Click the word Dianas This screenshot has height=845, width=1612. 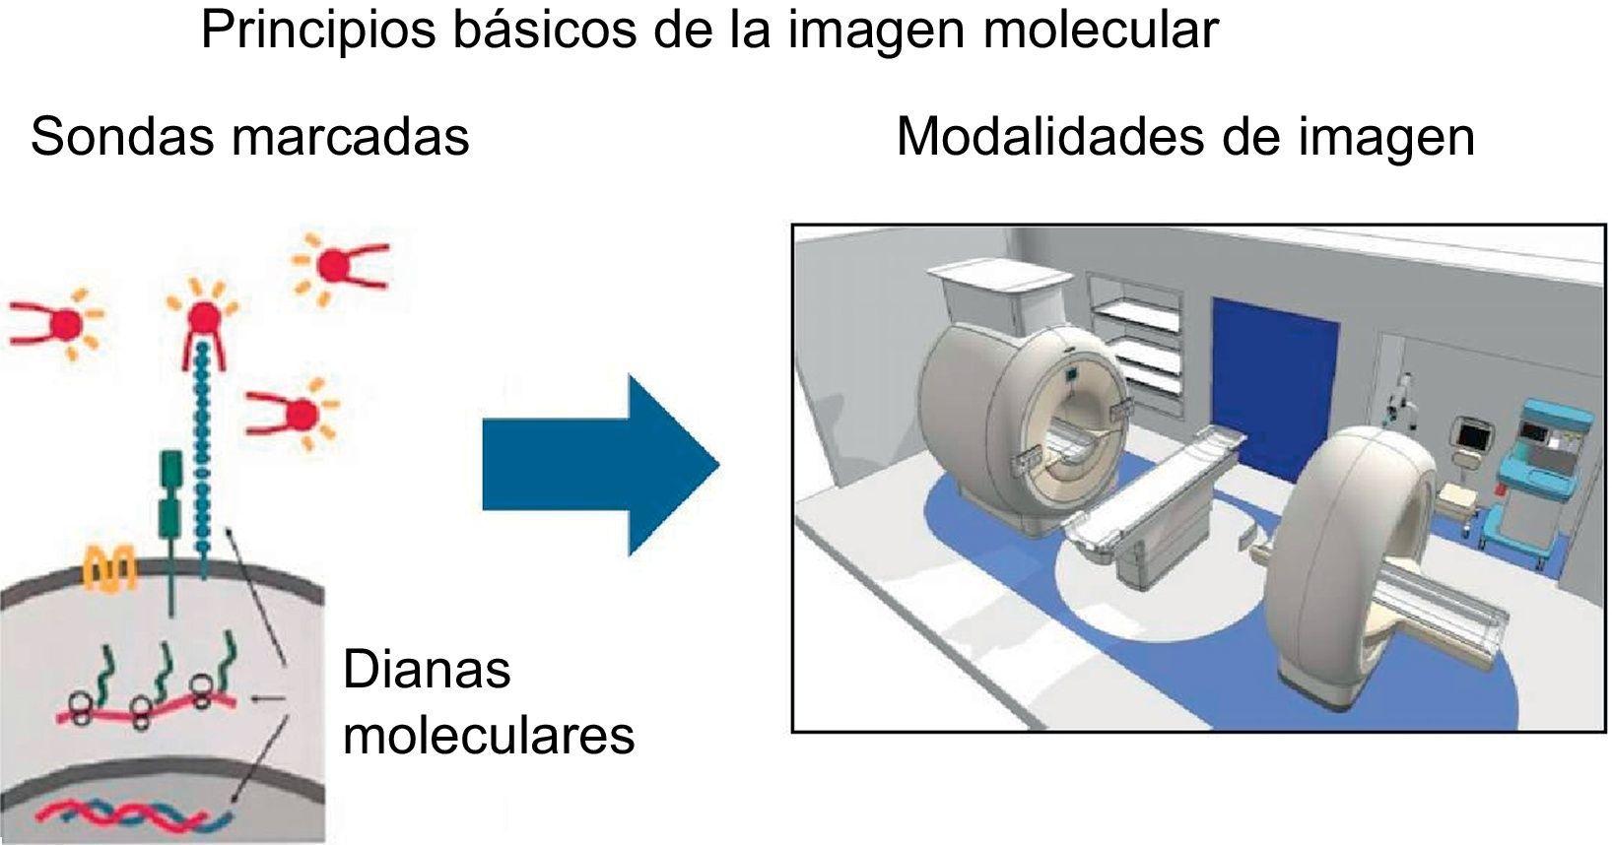tap(427, 671)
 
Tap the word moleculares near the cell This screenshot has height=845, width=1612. tap(489, 735)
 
